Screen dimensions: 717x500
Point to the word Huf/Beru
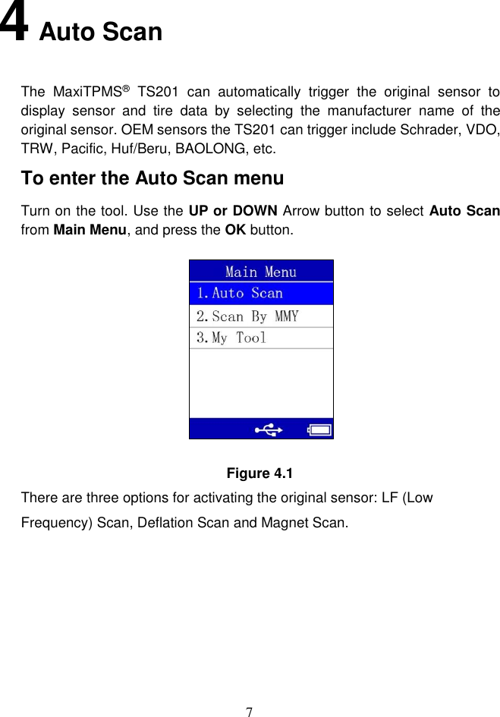[x=149, y=148]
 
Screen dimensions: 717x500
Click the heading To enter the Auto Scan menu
[x=153, y=178]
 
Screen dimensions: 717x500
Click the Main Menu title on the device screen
[x=261, y=272]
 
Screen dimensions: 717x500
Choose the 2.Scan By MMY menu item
[x=247, y=316]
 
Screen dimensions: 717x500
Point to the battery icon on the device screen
[x=319, y=430]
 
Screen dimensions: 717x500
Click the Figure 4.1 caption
[x=260, y=473]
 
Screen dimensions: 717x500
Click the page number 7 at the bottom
[x=250, y=711]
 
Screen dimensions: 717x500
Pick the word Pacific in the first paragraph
[x=85, y=148]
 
